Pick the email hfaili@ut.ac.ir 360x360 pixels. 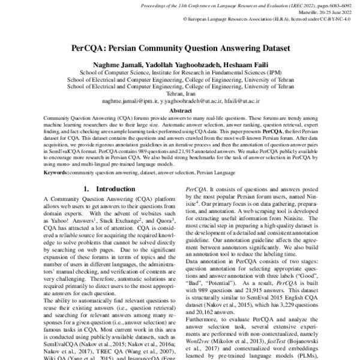pyautogui.click(x=242, y=102)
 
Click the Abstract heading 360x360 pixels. pyautogui.click(x=180, y=111)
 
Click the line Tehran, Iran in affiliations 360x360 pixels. pyautogui.click(x=180, y=94)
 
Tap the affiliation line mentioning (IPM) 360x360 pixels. pyautogui.click(x=180, y=71)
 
